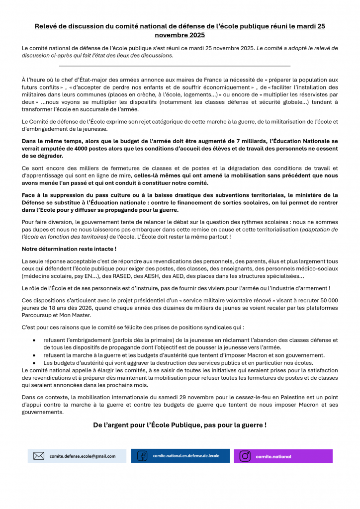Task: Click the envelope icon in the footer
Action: tap(39, 456)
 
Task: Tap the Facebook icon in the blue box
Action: tap(142, 456)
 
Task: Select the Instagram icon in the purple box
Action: tap(245, 456)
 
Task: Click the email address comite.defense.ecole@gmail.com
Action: tap(83, 456)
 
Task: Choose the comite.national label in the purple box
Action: tap(273, 456)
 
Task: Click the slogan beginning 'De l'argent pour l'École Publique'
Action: tap(180, 425)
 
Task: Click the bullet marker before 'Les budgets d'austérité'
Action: tap(34, 362)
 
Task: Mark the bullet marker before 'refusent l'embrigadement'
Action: tap(34, 340)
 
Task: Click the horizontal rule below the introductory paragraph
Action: tap(175, 66)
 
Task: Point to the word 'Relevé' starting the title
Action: tap(46, 26)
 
